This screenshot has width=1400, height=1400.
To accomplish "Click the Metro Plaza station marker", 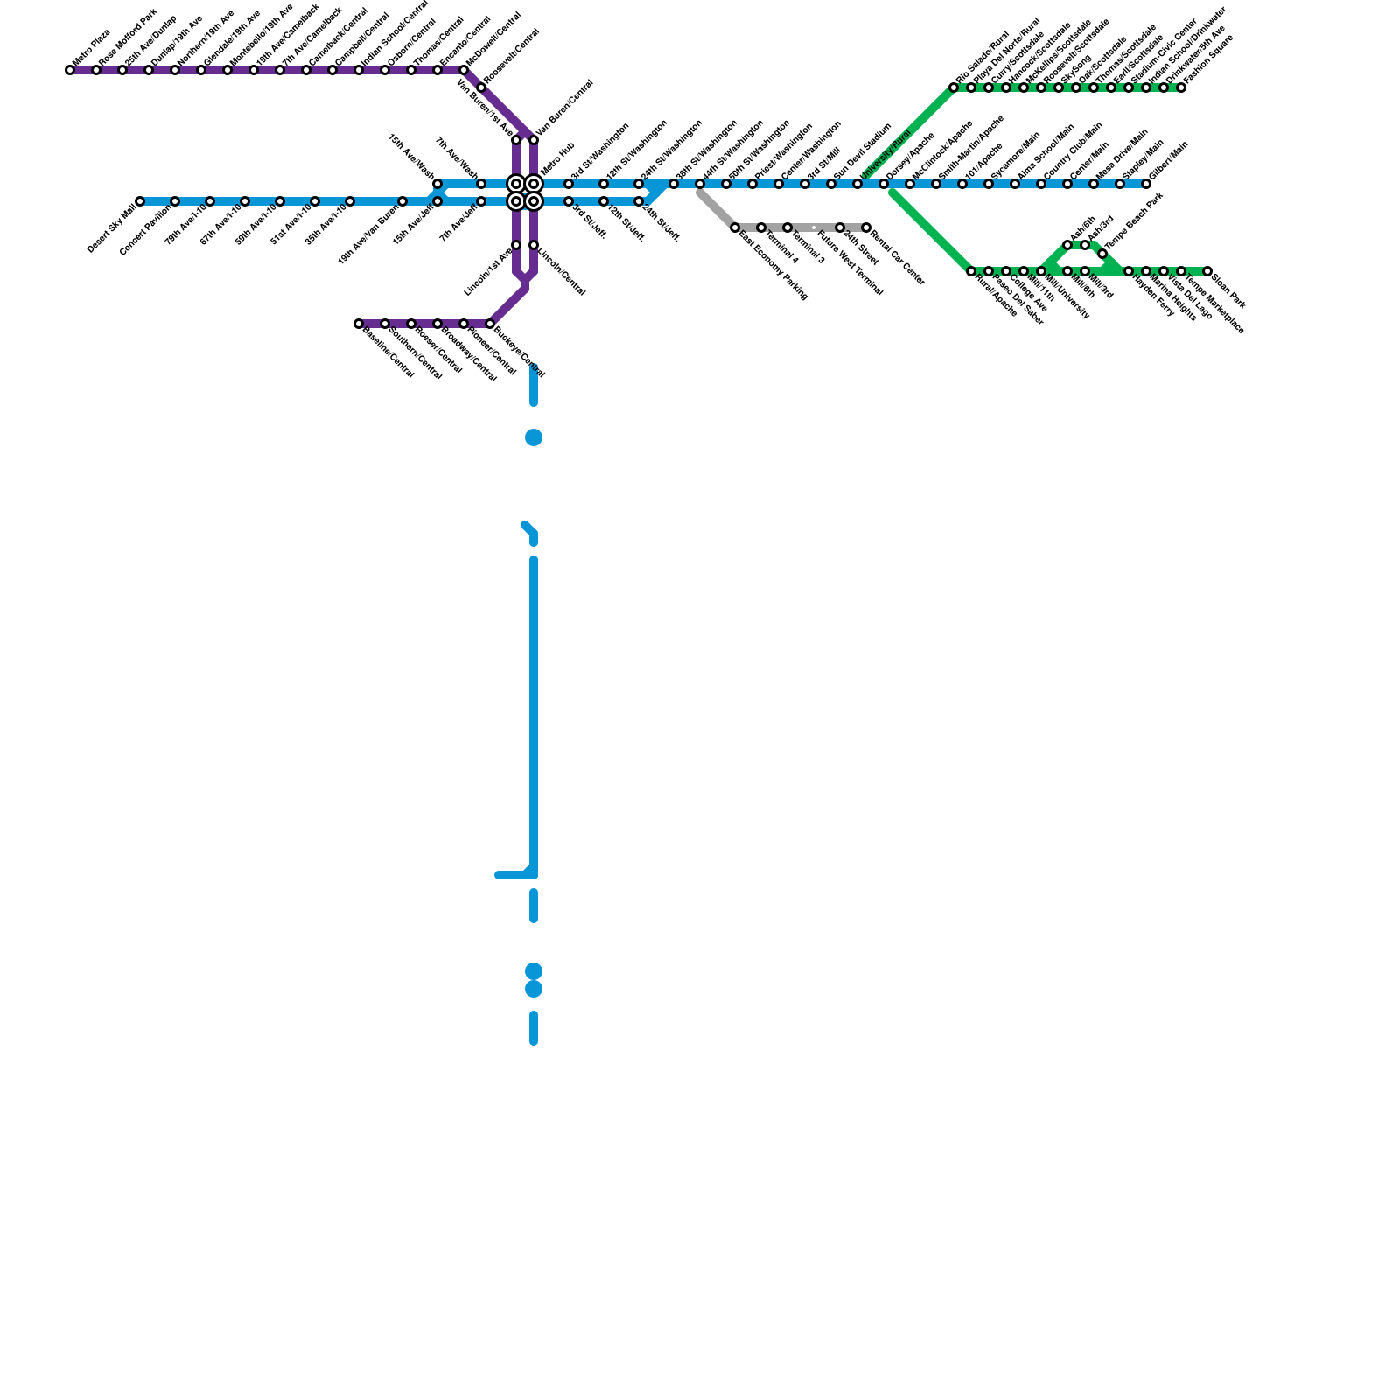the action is pyautogui.click(x=70, y=70).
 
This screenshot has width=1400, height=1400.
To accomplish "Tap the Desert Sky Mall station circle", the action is pyautogui.click(x=140, y=201).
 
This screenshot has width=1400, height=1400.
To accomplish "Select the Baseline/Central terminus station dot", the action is pyautogui.click(x=359, y=324).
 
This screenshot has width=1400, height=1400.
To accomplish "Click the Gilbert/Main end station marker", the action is pyautogui.click(x=1146, y=184).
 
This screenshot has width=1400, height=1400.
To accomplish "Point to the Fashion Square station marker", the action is pyautogui.click(x=1181, y=87).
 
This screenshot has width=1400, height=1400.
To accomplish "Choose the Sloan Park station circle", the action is pyautogui.click(x=1207, y=271).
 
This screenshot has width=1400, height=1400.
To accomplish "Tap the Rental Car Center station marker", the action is pyautogui.click(x=866, y=227).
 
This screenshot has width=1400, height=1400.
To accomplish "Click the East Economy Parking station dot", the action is pyautogui.click(x=735, y=227).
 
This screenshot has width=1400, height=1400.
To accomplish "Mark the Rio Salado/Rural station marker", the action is pyautogui.click(x=954, y=87).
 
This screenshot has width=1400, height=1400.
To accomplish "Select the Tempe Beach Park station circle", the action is pyautogui.click(x=1102, y=254).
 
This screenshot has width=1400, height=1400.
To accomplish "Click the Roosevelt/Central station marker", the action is pyautogui.click(x=481, y=87).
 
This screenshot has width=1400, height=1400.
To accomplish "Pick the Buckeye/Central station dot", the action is pyautogui.click(x=490, y=324).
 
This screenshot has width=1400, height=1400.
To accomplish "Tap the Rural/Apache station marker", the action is pyautogui.click(x=971, y=271).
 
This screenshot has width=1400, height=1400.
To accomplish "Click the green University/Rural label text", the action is pyautogui.click(x=885, y=156).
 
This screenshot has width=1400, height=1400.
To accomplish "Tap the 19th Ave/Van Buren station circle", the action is pyautogui.click(x=402, y=201).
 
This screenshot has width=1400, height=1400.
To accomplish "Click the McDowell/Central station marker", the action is pyautogui.click(x=464, y=70).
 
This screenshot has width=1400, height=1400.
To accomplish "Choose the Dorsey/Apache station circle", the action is pyautogui.click(x=884, y=184).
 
